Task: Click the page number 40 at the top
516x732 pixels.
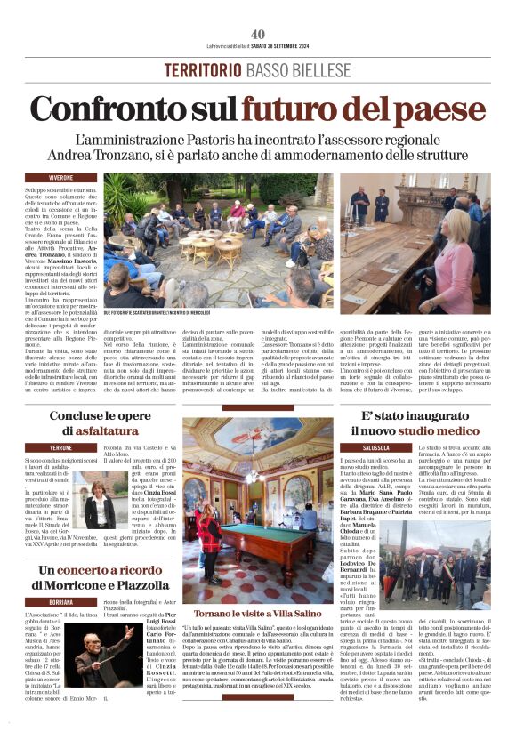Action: (258, 34)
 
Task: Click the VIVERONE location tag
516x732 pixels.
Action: (61, 178)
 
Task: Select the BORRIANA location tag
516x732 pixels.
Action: (61, 602)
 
